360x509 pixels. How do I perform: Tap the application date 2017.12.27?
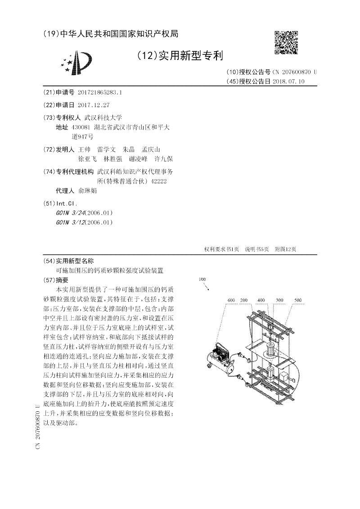coord(93,105)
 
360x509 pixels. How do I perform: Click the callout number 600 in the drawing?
coord(231,300)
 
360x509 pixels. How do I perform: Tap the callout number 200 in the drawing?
coord(244,300)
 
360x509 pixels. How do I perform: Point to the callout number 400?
coord(261,300)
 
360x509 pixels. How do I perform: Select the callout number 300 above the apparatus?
coord(279,300)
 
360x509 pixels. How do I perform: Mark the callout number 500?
coord(297,300)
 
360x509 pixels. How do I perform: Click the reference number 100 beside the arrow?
coord(202,279)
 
